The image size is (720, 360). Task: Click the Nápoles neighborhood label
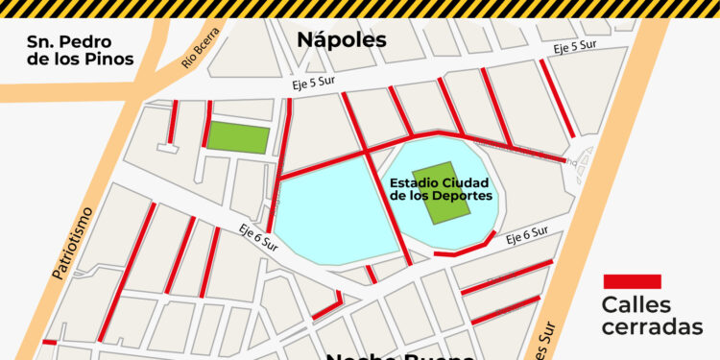tap(341, 39)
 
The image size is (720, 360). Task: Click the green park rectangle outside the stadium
tap(238, 137)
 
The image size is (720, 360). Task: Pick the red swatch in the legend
tap(632, 281)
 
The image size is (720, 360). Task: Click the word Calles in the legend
tap(636, 305)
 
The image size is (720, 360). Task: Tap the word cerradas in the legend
tap(652, 327)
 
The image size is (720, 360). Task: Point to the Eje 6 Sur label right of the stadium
tap(526, 233)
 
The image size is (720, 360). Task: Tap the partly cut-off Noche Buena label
tap(398, 354)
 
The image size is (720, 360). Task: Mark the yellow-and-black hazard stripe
tap(360, 8)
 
